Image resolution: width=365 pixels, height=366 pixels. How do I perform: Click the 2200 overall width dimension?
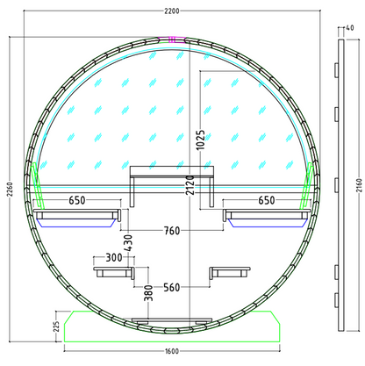[x=172, y=11]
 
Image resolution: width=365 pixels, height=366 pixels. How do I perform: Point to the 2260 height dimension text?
[x=10, y=190]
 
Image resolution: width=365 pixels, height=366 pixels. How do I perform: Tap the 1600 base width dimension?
[x=172, y=351]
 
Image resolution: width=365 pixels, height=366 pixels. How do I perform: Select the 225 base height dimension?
[x=56, y=327]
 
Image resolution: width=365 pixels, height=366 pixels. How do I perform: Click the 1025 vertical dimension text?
[x=201, y=140]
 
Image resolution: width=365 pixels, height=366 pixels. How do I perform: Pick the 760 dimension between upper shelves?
[x=172, y=231]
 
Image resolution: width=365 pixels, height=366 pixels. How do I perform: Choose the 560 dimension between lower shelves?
[x=172, y=287]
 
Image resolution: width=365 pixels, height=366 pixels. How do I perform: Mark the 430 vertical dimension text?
[x=128, y=242]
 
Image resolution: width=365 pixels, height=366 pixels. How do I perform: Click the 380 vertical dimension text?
[x=148, y=293]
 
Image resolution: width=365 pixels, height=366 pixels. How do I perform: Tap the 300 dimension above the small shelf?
[x=114, y=258]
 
